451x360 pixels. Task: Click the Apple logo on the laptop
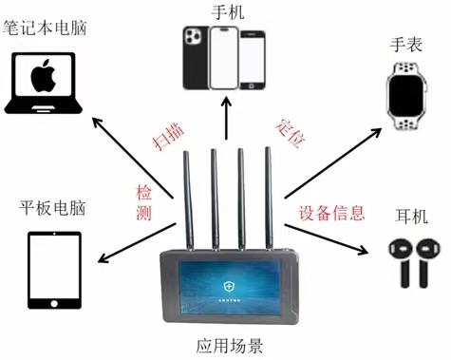click(x=44, y=76)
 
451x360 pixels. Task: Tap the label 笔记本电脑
click(x=45, y=28)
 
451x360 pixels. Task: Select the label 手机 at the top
click(x=228, y=12)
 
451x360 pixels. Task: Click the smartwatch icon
click(x=406, y=96)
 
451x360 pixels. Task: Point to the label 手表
click(x=406, y=45)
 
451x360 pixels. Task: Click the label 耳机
click(x=411, y=217)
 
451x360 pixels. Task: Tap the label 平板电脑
click(x=52, y=208)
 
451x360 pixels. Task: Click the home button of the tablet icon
click(x=54, y=303)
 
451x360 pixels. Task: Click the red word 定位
click(x=291, y=133)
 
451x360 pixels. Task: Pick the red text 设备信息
click(x=331, y=213)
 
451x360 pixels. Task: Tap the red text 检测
click(x=144, y=202)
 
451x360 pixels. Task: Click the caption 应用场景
click(x=230, y=346)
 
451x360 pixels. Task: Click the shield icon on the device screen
click(x=228, y=287)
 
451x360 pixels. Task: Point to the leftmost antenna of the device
click(x=189, y=200)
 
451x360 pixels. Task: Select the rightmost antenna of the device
click(x=269, y=198)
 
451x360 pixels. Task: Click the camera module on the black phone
click(x=193, y=36)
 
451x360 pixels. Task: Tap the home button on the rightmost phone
click(x=252, y=85)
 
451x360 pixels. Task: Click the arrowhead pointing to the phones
click(x=226, y=104)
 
